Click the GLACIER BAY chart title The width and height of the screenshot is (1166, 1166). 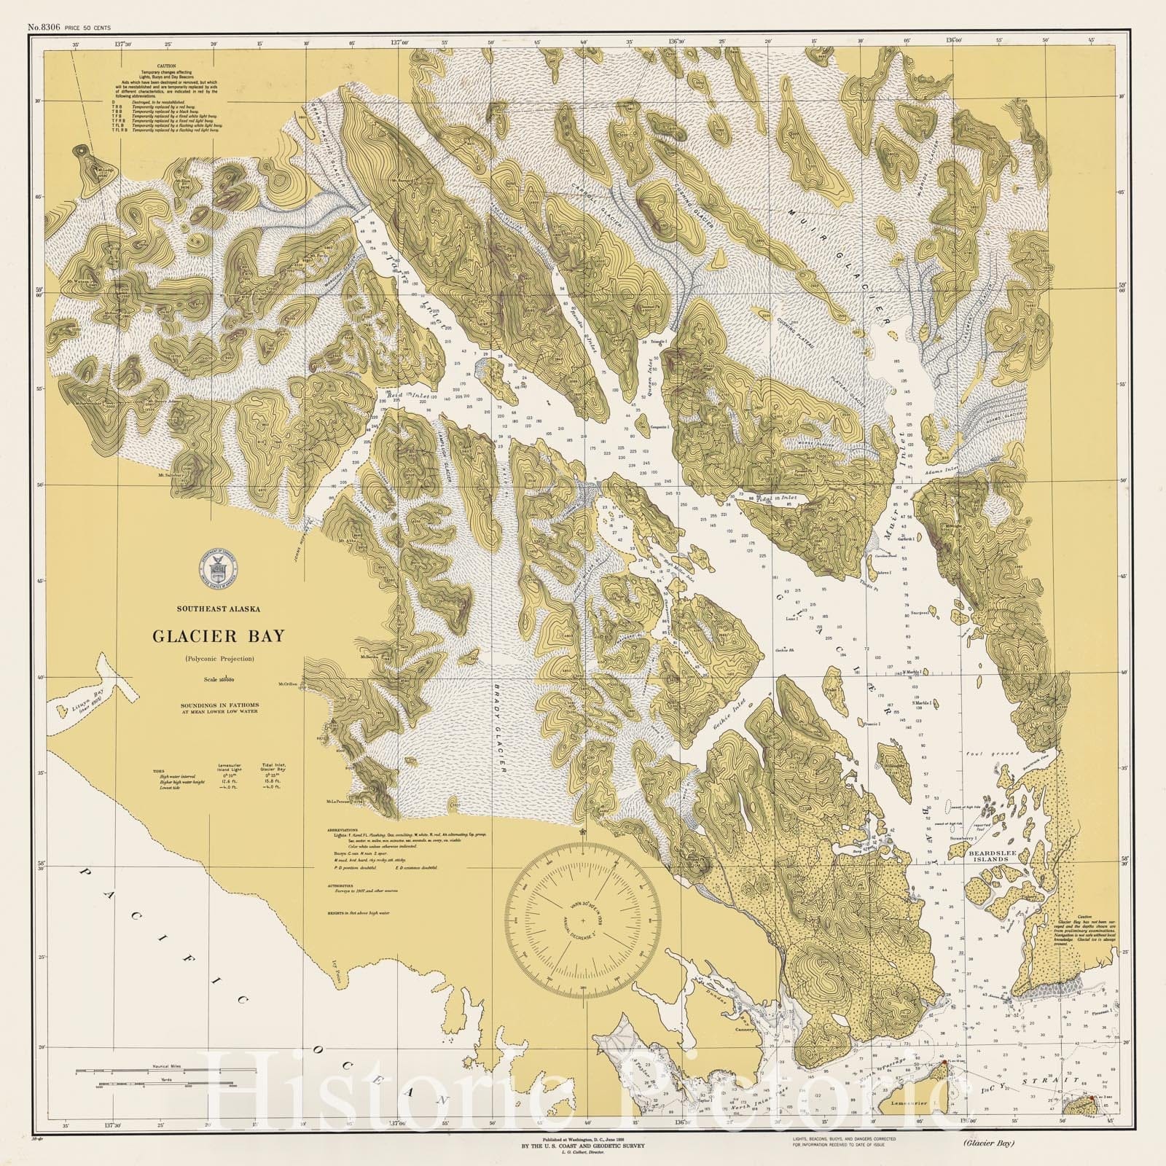coord(218,635)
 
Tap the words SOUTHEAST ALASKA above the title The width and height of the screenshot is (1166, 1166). coord(218,609)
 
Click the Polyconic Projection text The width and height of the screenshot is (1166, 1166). coord(218,659)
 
